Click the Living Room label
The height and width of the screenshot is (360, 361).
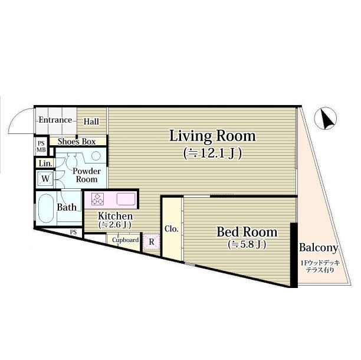[x=212, y=136]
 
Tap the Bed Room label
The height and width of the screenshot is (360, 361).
[x=247, y=232]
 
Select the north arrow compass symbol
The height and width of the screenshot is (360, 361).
[x=326, y=119]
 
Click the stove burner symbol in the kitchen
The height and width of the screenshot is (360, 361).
[x=97, y=199]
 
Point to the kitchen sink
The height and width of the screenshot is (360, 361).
[x=126, y=199]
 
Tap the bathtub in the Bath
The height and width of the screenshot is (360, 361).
[x=46, y=208]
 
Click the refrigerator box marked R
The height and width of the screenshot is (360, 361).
[x=151, y=242]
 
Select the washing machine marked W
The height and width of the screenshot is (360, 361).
[x=45, y=178]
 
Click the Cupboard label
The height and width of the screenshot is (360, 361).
[x=126, y=240]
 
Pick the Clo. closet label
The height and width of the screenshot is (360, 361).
[x=172, y=229]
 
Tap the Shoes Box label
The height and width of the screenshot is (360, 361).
[x=77, y=142]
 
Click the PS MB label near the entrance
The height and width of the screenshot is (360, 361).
[x=41, y=147]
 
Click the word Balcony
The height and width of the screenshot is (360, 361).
[x=319, y=248]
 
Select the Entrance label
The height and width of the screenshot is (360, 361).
[x=55, y=120]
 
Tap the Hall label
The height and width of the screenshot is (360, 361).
[x=91, y=122]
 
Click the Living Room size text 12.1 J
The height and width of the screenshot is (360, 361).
[x=212, y=153]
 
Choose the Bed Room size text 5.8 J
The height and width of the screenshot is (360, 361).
[x=247, y=244]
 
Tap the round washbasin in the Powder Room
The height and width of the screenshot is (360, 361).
[x=96, y=156]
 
